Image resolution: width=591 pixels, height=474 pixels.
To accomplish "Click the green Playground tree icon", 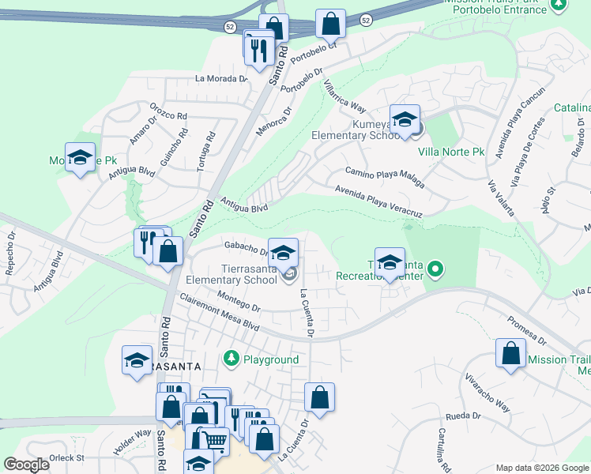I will click(231, 359).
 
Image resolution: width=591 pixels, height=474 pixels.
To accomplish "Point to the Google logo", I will click(27, 465).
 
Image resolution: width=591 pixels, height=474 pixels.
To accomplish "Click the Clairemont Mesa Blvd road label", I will click(220, 314).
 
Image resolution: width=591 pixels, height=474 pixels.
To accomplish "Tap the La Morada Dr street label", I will click(221, 79).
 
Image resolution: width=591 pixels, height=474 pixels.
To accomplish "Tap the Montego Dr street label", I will click(239, 300).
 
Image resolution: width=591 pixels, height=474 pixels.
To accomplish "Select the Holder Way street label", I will click(132, 442).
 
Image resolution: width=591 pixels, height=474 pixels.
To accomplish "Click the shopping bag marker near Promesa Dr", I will click(510, 353).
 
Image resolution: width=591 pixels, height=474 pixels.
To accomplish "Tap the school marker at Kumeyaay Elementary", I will click(405, 120).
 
